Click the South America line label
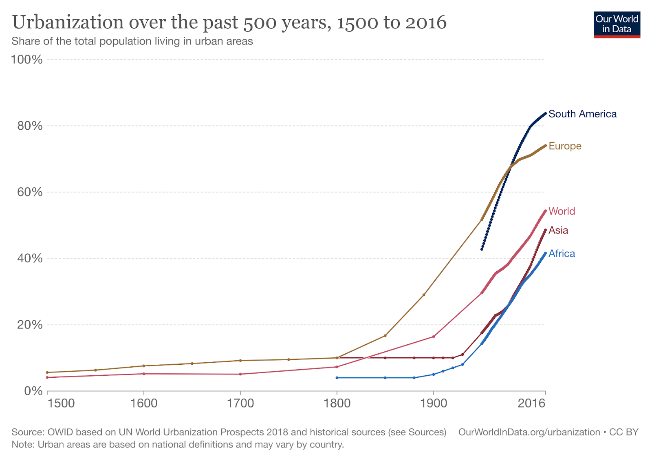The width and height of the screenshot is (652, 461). (582, 114)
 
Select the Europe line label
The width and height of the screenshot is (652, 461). (565, 146)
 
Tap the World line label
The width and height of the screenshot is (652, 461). (562, 211)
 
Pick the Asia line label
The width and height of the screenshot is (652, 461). (558, 230)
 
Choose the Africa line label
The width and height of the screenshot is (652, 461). (562, 254)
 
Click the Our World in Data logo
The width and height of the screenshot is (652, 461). (617, 24)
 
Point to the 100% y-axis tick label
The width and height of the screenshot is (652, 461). (26, 60)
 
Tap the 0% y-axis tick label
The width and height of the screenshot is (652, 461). (33, 391)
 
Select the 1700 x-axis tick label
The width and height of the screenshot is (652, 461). (240, 403)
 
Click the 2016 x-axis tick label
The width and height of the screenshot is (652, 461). (531, 403)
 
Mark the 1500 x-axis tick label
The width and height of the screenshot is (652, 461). (61, 403)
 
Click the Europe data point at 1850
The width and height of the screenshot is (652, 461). (385, 336)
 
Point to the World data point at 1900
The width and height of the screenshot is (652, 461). (434, 337)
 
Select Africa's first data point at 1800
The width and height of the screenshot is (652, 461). (337, 378)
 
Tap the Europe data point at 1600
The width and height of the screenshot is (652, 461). (144, 366)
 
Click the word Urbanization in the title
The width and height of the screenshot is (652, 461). (68, 22)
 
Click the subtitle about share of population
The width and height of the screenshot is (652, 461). (132, 41)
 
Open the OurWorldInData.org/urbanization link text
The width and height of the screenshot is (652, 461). (529, 432)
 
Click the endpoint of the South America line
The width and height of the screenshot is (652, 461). (545, 113)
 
